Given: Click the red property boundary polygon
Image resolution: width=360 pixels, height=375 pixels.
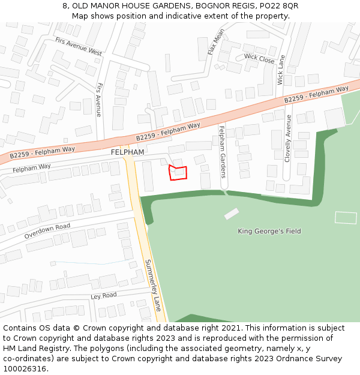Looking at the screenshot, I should (x=178, y=173).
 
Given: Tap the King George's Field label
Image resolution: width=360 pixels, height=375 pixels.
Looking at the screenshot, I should (x=269, y=231).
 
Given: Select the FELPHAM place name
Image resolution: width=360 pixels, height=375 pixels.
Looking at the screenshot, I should (x=127, y=152).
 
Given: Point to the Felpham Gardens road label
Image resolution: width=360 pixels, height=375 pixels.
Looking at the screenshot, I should (x=222, y=152).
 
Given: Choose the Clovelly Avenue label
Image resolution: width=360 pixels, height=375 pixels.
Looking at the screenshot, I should (x=288, y=138).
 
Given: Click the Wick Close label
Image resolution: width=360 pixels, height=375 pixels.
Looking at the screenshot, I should (x=259, y=59).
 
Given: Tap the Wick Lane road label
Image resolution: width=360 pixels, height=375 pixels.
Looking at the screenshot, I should (x=281, y=70).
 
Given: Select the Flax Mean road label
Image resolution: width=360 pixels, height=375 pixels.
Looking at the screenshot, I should (x=215, y=41).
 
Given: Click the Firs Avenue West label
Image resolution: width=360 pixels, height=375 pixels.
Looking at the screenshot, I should (x=79, y=46).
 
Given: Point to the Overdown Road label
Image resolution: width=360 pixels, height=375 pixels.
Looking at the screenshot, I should (x=47, y=232).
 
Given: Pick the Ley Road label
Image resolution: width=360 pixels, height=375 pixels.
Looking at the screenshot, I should (x=104, y=296).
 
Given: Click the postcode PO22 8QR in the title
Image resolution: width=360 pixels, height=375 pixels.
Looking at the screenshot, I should (x=281, y=5).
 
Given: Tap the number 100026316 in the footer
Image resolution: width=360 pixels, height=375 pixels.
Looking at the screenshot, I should (x=25, y=369).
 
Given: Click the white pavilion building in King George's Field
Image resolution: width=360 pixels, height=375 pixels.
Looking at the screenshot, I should (x=232, y=214).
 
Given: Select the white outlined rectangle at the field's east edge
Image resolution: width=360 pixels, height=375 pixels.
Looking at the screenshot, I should (x=346, y=218).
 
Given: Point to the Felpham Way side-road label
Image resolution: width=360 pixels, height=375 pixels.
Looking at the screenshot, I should (x=32, y=168).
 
